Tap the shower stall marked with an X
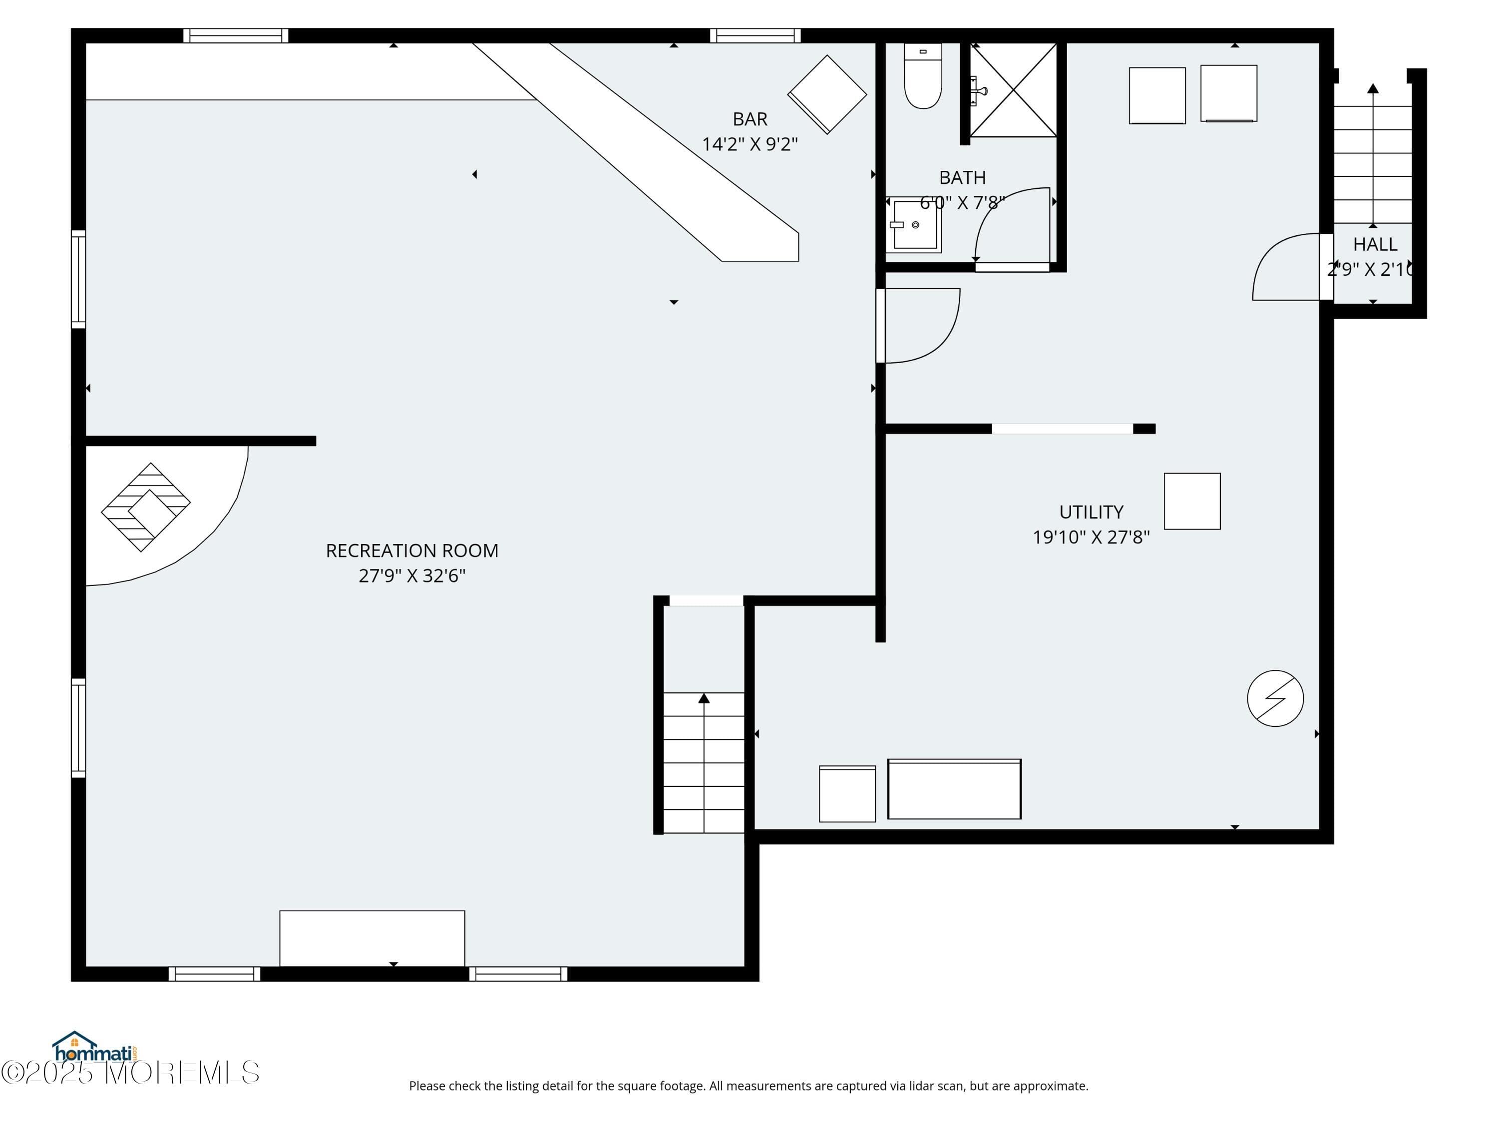[x=1014, y=90]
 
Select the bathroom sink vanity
[x=914, y=224]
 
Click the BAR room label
[x=749, y=119]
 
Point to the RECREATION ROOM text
[x=412, y=550]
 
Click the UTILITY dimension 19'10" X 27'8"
[x=1091, y=537]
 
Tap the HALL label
[x=1375, y=244]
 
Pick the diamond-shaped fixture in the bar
[x=826, y=94]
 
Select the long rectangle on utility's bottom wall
[x=954, y=789]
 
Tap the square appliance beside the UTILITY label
[x=1191, y=502]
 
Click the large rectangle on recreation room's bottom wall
[x=372, y=938]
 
